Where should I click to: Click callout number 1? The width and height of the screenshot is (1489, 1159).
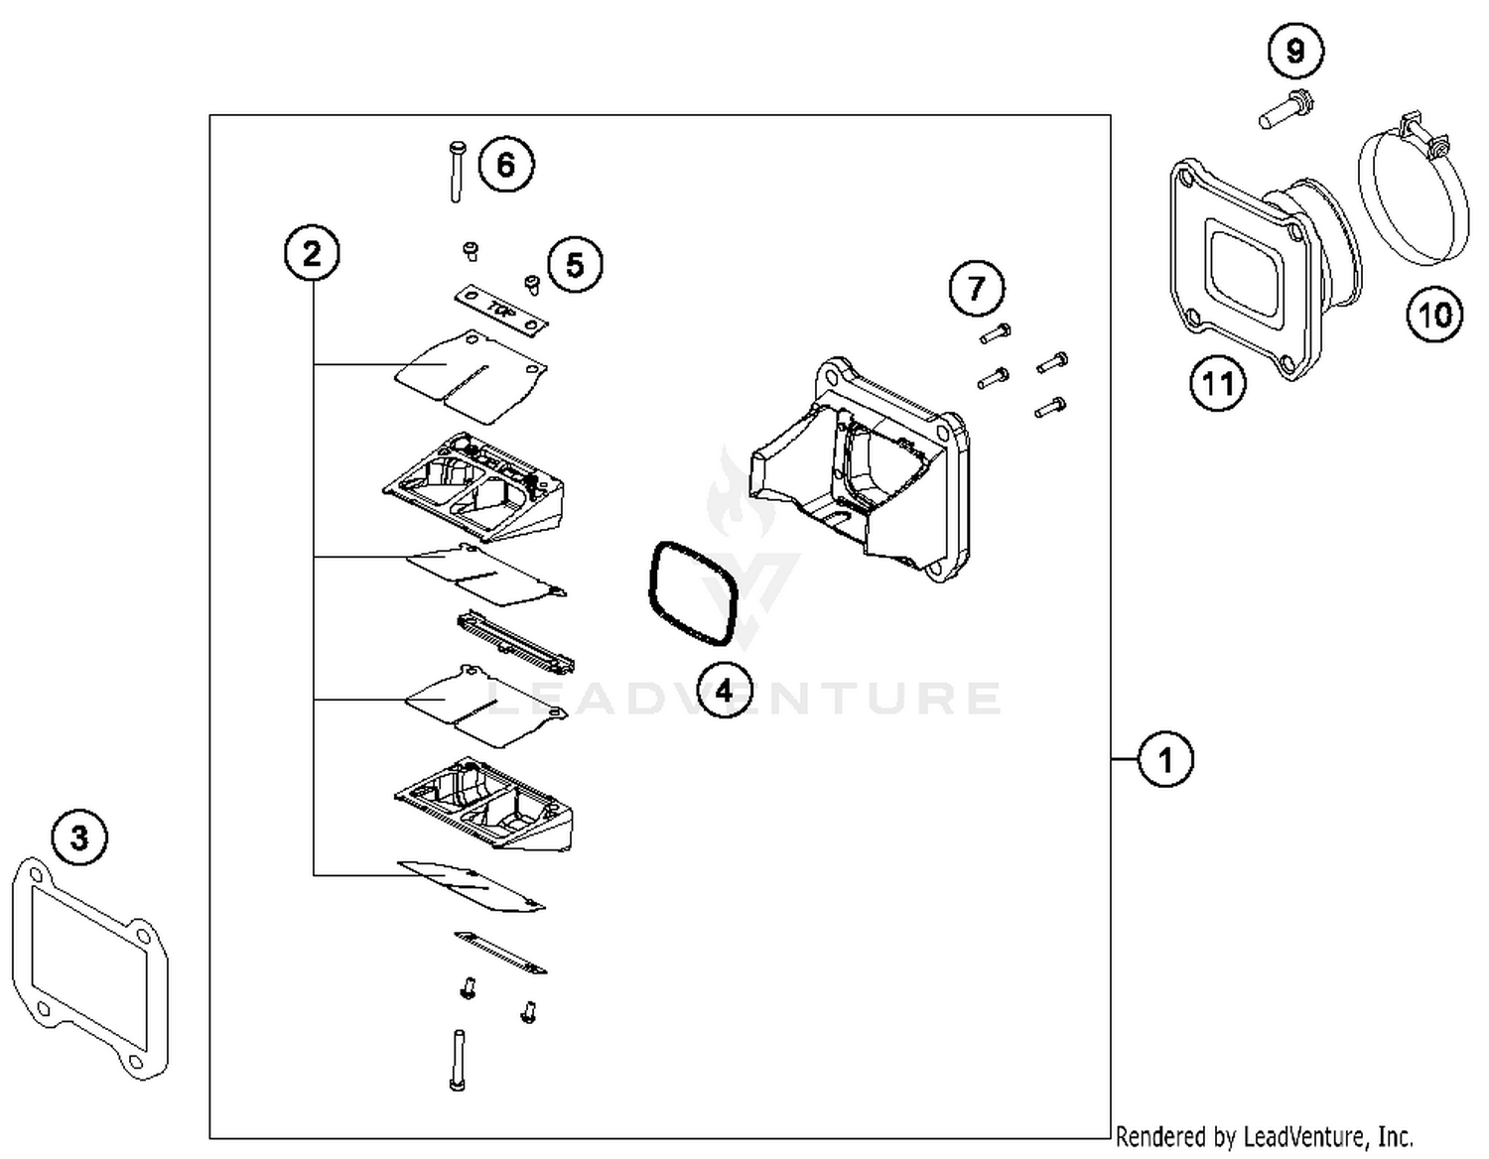1164,760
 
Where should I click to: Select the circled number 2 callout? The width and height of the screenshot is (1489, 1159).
312,254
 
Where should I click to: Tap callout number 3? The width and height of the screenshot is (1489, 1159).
79,837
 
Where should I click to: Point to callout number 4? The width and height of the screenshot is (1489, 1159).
724,690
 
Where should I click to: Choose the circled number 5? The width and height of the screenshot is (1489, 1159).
575,265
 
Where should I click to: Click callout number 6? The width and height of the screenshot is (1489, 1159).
506,165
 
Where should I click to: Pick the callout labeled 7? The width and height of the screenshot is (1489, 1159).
977,288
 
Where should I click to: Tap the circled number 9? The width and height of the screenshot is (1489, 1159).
1295,50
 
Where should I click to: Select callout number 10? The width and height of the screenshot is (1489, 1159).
1434,315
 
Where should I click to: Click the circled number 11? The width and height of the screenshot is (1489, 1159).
1218,382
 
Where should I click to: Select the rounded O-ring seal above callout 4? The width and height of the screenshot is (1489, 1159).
693,593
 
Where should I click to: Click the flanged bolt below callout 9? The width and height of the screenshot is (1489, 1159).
1285,109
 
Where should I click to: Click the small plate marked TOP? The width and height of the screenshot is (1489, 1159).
501,310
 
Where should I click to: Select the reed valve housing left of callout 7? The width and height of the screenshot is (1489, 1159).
860,466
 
